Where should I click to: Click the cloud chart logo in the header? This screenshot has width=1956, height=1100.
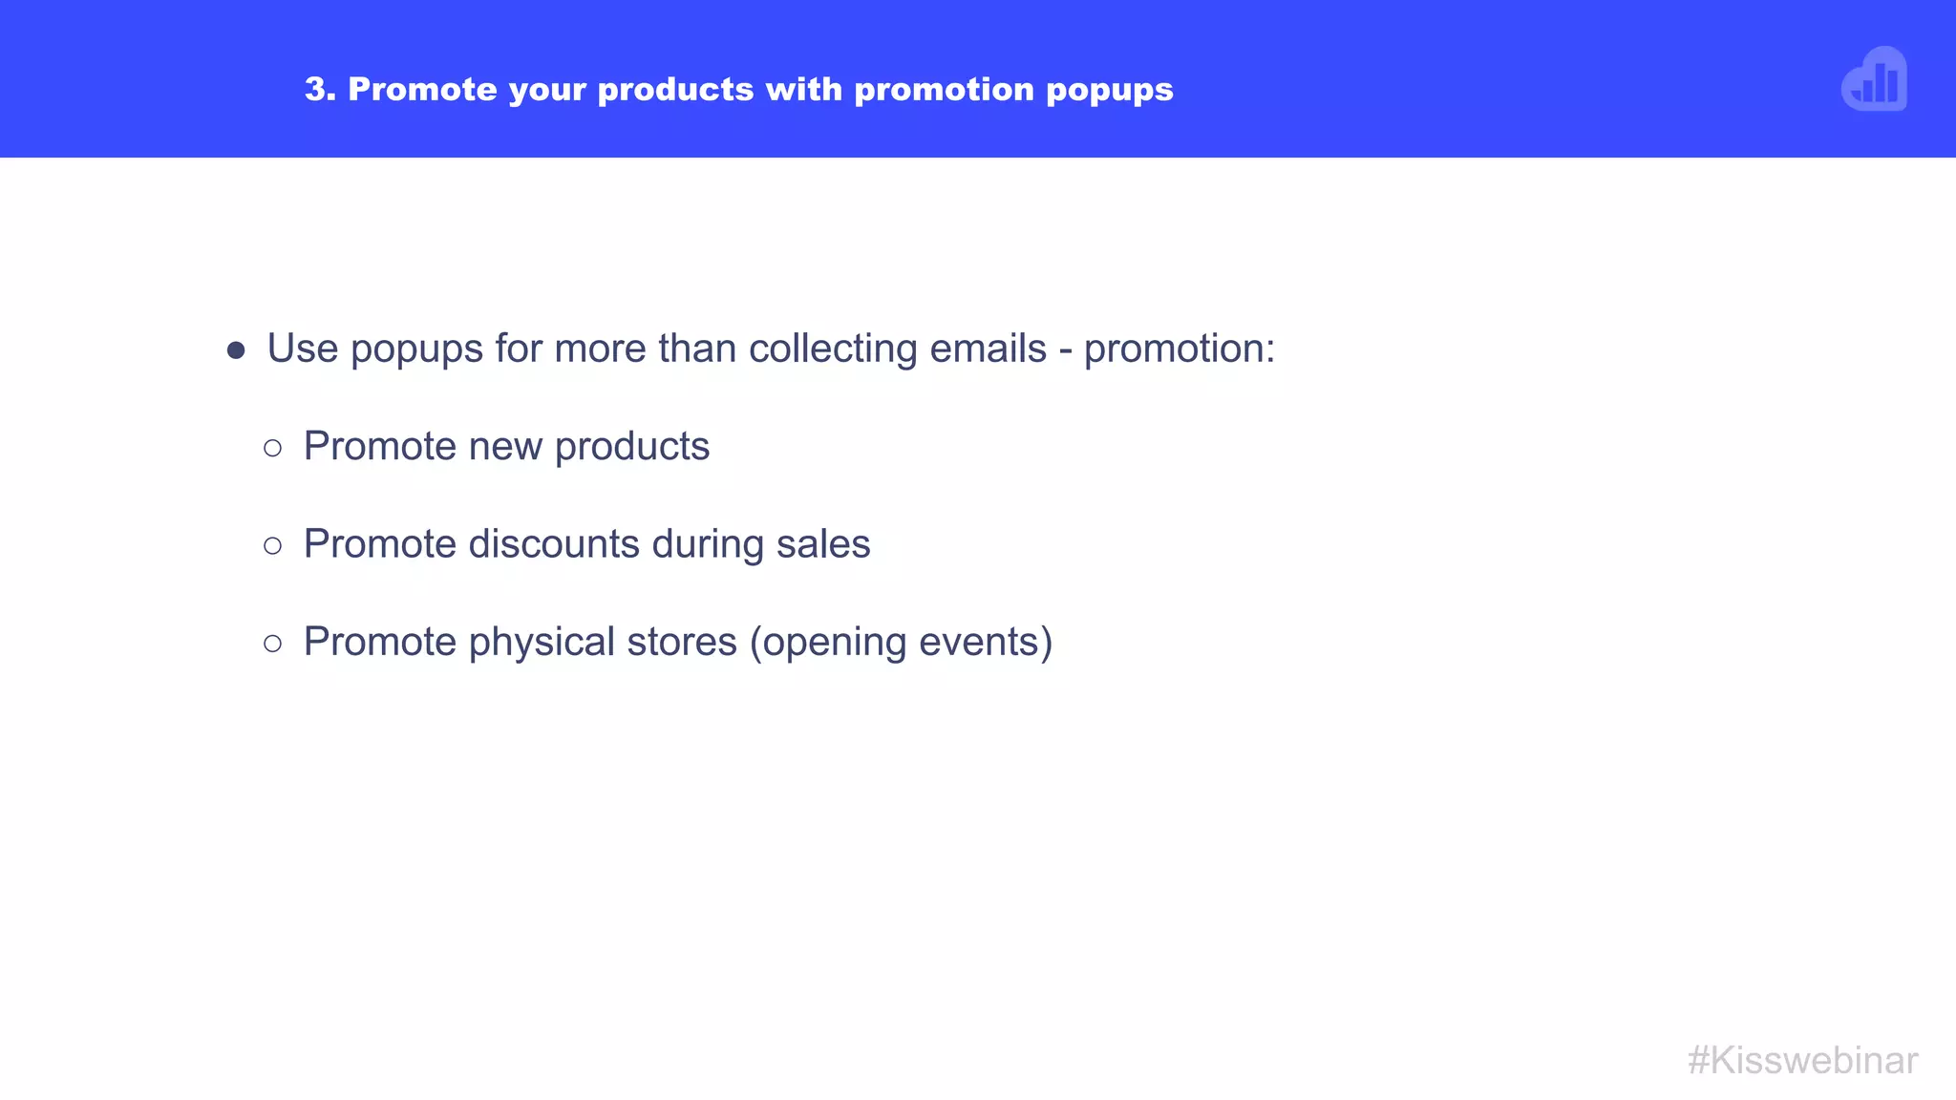(1874, 80)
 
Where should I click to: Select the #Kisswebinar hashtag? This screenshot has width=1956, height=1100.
(1802, 1060)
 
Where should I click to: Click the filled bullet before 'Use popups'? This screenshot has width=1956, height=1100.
(236, 350)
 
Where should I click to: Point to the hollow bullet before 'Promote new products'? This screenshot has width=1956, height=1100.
(273, 448)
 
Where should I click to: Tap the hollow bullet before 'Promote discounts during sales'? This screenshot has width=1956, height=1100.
(273, 546)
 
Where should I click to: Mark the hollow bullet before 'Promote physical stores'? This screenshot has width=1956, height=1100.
(273, 644)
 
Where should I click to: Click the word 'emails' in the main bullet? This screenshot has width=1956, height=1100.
(988, 349)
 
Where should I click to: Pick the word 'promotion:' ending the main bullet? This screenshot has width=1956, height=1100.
(1180, 349)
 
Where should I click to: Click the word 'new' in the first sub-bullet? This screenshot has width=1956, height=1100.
(505, 446)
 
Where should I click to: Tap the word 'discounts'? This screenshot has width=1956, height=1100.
(554, 544)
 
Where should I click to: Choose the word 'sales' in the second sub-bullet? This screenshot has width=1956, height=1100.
(823, 544)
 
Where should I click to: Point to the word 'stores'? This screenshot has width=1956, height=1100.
(682, 642)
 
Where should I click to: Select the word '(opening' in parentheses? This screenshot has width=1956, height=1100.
(828, 643)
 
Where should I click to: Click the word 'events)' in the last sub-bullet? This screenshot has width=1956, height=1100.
(986, 642)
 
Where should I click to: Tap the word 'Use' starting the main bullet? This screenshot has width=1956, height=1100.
(303, 349)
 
